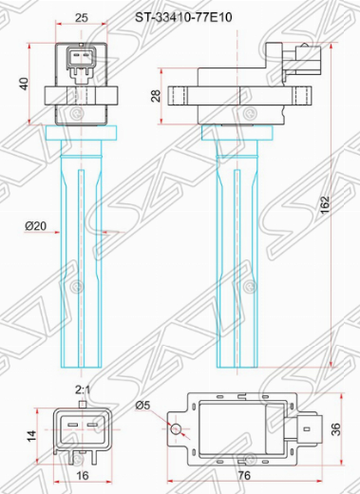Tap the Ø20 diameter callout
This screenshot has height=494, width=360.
35,226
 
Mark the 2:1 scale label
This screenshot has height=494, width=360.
83,389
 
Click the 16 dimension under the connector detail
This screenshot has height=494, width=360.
83,475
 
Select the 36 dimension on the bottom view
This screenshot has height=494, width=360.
347,429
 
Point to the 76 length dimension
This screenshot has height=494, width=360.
245,475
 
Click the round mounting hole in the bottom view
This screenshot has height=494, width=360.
177,429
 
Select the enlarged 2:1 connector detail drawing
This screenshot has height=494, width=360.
83,429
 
